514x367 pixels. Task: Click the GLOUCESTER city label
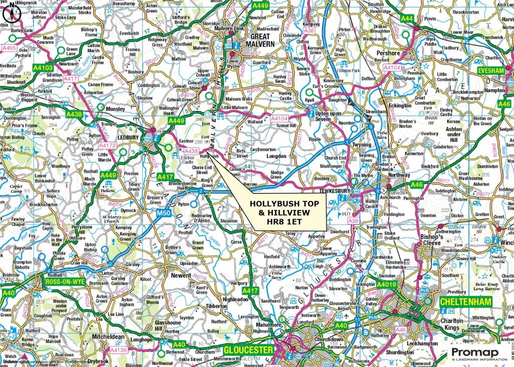click(248, 350)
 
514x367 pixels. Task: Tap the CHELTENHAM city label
click(465, 302)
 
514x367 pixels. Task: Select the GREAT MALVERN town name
click(260, 40)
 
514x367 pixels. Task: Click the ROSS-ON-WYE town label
click(64, 282)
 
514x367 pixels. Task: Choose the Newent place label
click(181, 275)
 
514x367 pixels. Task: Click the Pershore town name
click(389, 53)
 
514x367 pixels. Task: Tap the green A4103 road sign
click(43, 67)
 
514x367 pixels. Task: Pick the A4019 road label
click(387, 285)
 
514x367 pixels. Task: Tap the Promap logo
click(478, 353)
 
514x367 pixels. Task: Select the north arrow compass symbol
click(11, 15)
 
